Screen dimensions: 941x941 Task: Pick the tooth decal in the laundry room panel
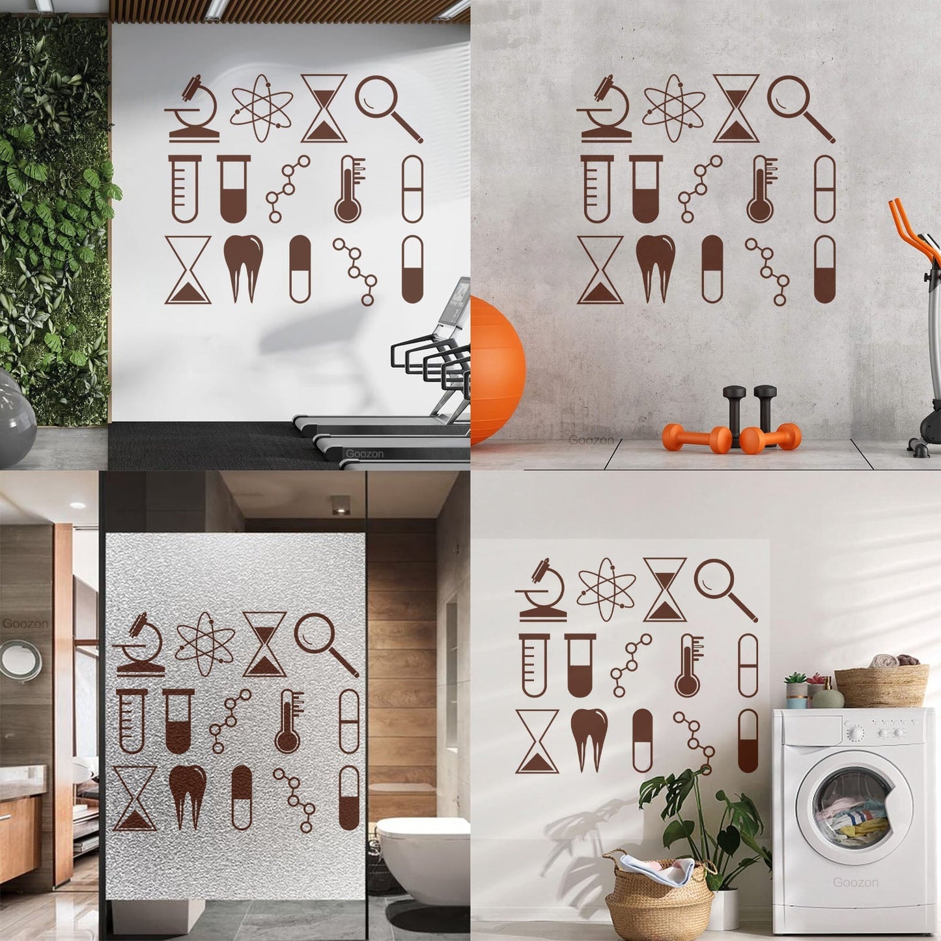tap(589, 740)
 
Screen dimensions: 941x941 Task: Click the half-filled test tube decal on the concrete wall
tap(646, 189)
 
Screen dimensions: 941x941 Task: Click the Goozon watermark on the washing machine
tap(856, 883)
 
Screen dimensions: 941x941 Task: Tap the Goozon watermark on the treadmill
tap(365, 454)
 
